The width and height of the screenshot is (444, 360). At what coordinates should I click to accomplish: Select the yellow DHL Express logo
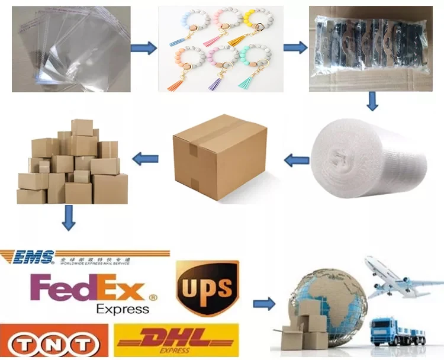(x=177, y=340)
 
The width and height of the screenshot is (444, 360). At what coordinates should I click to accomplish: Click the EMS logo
(x=36, y=257)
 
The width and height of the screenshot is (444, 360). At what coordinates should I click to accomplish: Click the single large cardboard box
(x=219, y=156)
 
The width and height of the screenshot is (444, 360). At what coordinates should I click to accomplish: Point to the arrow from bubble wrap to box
(x=297, y=159)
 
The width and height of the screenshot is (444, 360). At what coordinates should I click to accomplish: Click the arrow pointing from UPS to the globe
(x=263, y=304)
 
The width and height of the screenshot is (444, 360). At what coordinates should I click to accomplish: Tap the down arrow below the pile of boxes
(x=69, y=218)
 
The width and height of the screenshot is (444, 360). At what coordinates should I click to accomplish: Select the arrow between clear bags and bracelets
(x=144, y=47)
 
